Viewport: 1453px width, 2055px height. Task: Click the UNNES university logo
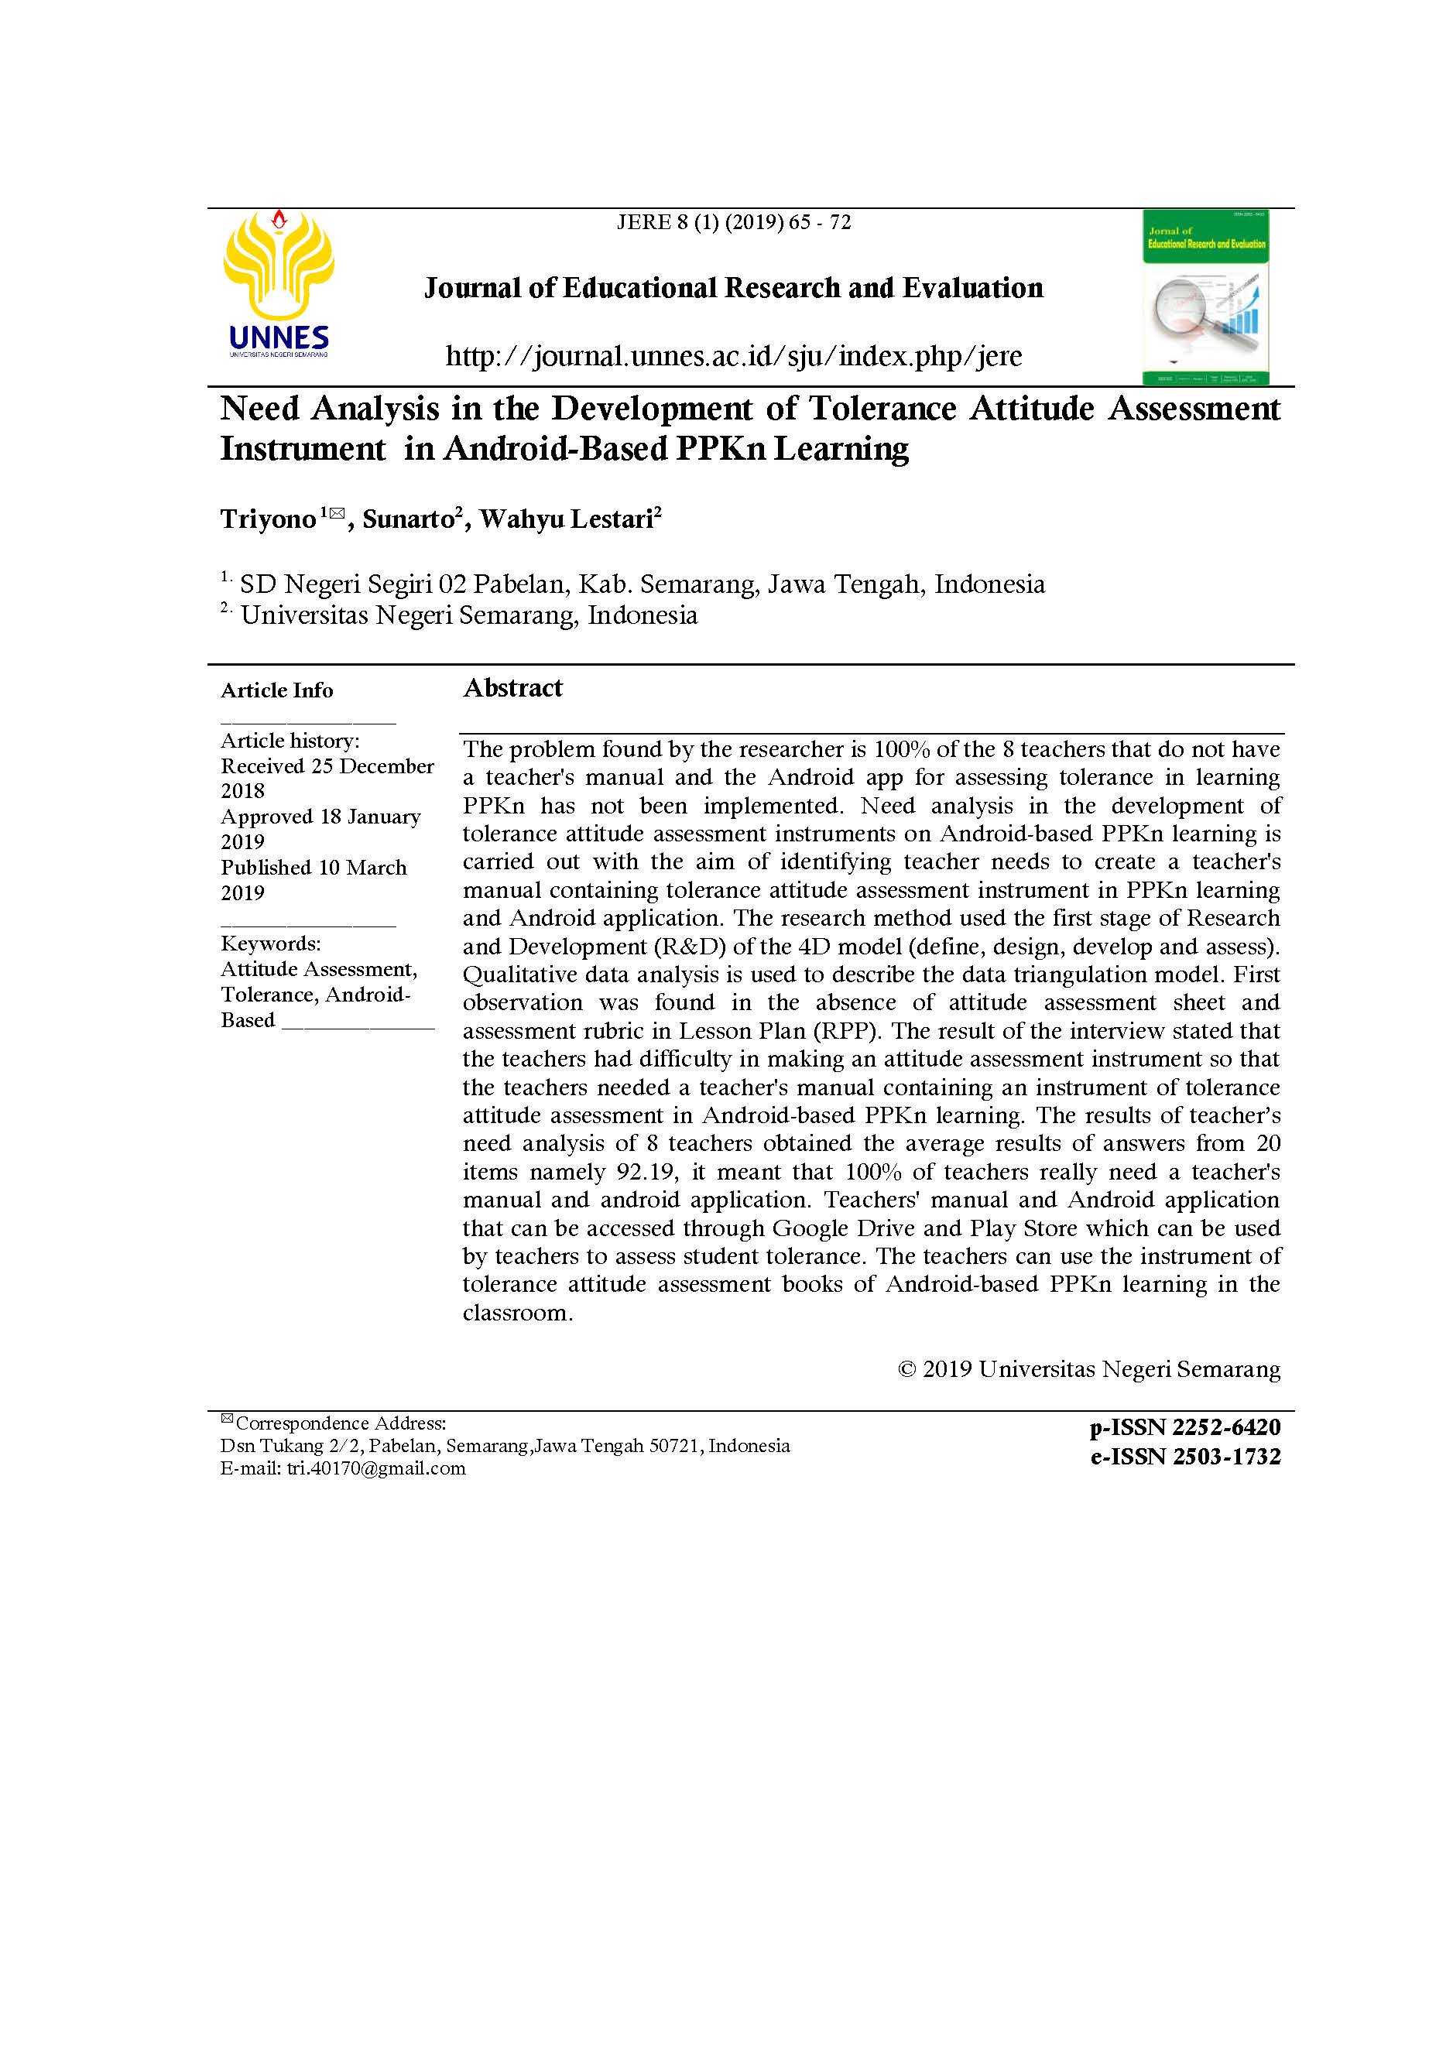click(279, 283)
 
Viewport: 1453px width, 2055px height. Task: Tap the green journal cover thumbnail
click(1205, 297)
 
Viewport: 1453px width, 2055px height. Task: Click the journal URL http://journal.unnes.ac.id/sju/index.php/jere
click(733, 356)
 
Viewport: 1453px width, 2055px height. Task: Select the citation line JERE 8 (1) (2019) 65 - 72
click(733, 222)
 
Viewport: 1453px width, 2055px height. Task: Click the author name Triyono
click(269, 519)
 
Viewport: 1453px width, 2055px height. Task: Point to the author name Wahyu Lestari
click(567, 519)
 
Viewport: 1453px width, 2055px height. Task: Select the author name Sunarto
click(408, 519)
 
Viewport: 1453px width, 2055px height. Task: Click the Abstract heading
click(513, 687)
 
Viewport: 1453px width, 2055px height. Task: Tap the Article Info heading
click(276, 690)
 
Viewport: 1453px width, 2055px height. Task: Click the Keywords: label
click(270, 944)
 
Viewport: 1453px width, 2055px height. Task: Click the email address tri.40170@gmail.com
click(376, 1468)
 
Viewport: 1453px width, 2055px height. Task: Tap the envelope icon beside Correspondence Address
click(227, 1419)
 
